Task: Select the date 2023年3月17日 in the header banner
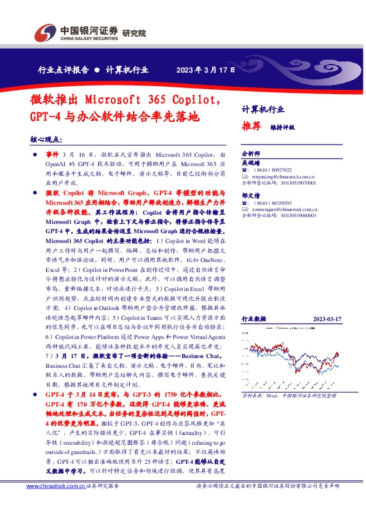[205, 70]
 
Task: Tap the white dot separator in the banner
[97, 70]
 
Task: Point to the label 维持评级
[282, 127]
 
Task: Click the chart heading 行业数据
[253, 319]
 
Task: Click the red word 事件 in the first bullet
[53, 153]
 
